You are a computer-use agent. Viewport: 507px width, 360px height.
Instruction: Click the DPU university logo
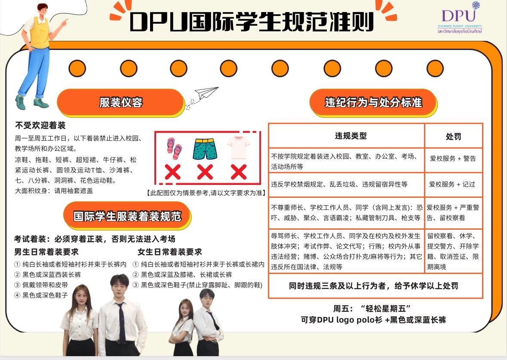point(460,18)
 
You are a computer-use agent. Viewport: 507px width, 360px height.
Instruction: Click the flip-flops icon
point(174,149)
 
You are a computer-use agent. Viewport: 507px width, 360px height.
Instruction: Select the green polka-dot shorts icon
point(205,149)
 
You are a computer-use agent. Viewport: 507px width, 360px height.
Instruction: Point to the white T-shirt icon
point(238,148)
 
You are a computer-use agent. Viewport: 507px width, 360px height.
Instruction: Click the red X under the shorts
point(205,172)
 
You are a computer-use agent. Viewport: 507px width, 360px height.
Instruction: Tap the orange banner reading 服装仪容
point(120,102)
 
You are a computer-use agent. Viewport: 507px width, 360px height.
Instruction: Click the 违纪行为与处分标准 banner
point(373,102)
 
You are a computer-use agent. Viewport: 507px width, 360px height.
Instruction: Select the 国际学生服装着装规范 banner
point(127,216)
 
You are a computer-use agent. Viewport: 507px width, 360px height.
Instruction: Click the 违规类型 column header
point(351,136)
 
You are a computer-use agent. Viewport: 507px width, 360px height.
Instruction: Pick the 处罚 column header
point(453,136)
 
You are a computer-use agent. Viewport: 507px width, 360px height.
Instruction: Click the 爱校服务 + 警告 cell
point(453,158)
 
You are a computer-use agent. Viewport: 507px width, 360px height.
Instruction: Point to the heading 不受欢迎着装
point(40,125)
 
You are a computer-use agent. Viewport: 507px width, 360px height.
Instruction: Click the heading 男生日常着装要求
point(46,252)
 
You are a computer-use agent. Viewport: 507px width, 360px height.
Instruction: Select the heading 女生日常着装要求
point(170,252)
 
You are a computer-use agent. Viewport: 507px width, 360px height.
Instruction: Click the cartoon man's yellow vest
point(40,32)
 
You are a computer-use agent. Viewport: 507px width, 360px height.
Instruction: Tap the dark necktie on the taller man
point(121,322)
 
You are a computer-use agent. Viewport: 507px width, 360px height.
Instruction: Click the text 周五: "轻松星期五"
point(372,308)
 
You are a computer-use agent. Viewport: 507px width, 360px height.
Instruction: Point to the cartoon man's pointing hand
point(64,22)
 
